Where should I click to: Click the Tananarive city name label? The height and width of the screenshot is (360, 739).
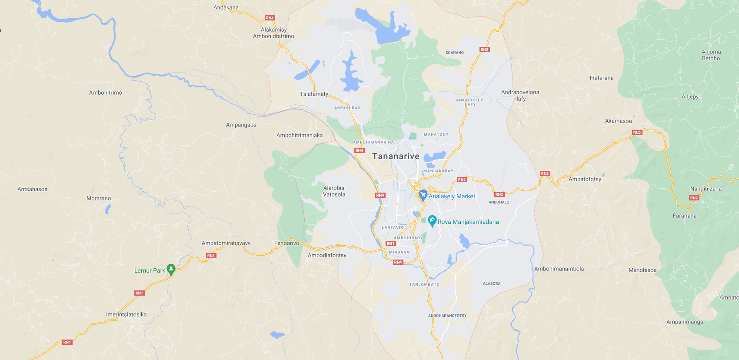396,157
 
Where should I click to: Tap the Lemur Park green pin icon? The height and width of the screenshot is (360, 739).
171,270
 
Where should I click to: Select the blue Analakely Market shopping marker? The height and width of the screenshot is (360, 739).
423,195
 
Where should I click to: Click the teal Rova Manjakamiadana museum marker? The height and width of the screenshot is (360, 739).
432,221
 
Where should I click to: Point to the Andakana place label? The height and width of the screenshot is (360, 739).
226,7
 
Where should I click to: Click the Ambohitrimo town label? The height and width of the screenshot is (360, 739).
106,93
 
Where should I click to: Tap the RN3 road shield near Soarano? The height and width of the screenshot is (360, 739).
484,50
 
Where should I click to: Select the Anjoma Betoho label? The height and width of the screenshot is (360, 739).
711,55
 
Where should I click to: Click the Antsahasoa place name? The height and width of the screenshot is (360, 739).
33,189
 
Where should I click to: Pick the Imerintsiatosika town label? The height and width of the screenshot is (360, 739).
126,314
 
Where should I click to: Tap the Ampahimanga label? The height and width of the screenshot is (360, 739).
685,322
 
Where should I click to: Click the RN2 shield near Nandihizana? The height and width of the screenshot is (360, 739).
694,198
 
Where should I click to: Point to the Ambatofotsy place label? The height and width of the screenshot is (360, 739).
585,179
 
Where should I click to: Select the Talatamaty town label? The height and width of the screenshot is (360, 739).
314,94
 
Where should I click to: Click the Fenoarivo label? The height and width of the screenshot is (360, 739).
286,243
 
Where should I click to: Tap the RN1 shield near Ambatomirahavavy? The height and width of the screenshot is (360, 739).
211,256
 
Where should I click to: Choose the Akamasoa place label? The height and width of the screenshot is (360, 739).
618,121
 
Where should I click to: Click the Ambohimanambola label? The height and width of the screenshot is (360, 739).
559,269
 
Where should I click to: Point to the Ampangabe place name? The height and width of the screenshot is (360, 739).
241,125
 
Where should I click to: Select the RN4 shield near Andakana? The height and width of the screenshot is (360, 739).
270,18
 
